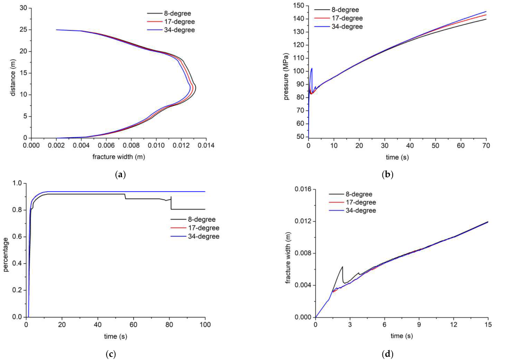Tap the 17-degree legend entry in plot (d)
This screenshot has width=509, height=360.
coord(360,202)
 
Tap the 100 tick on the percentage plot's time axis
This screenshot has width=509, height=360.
coord(205,325)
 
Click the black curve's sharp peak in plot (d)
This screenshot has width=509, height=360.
coord(342,267)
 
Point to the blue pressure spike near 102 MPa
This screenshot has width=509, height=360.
coord(311,68)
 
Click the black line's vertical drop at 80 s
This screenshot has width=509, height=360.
coord(171,202)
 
